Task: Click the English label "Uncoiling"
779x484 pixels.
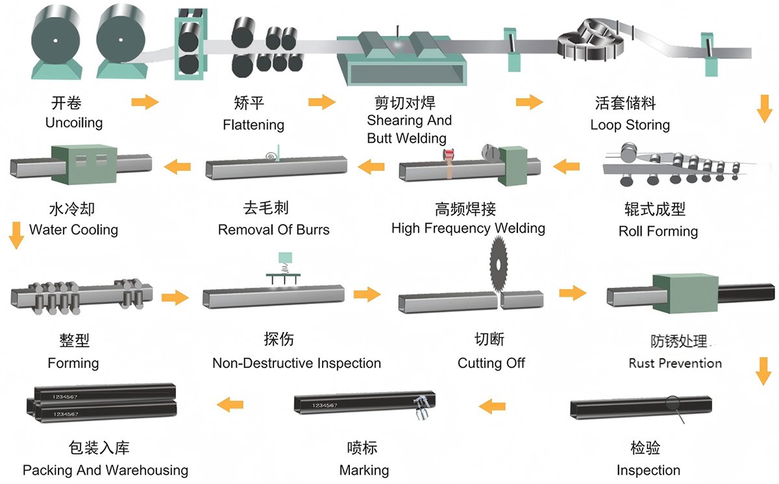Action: tap(74, 122)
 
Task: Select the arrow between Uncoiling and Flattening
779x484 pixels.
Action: tap(145, 102)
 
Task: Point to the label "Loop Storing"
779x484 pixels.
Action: tap(630, 125)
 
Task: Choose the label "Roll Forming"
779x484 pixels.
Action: tap(658, 231)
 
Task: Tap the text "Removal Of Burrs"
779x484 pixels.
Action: tap(273, 229)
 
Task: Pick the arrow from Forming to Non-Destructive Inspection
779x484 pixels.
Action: tap(175, 298)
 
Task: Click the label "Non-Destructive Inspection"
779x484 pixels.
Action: tap(297, 363)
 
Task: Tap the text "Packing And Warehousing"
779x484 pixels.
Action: tap(105, 470)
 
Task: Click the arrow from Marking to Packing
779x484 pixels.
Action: tap(230, 406)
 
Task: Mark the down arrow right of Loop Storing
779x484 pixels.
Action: tap(764, 108)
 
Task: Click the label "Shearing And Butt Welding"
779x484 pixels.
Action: tap(408, 129)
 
